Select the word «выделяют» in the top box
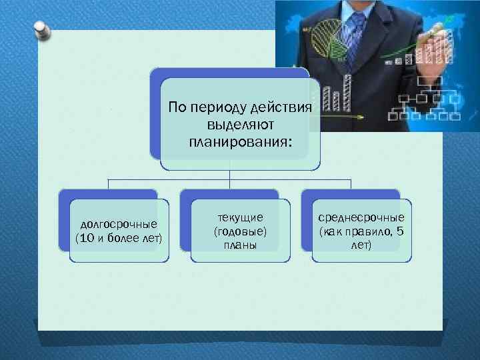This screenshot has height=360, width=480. coord(241,125)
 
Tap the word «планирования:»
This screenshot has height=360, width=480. coord(241,141)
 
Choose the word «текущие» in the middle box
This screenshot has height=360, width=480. coord(241,217)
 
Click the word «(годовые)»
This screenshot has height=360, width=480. coord(241,231)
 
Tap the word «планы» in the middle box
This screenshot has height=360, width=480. coord(241,245)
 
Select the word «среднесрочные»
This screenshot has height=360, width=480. coord(361,217)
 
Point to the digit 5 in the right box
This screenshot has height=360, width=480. coord(399,231)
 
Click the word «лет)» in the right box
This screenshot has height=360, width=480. coord(361,245)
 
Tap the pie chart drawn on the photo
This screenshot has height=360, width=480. coord(327,40)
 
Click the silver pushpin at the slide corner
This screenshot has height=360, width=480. coord(40,29)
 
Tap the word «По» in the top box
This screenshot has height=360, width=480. coord(177,108)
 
